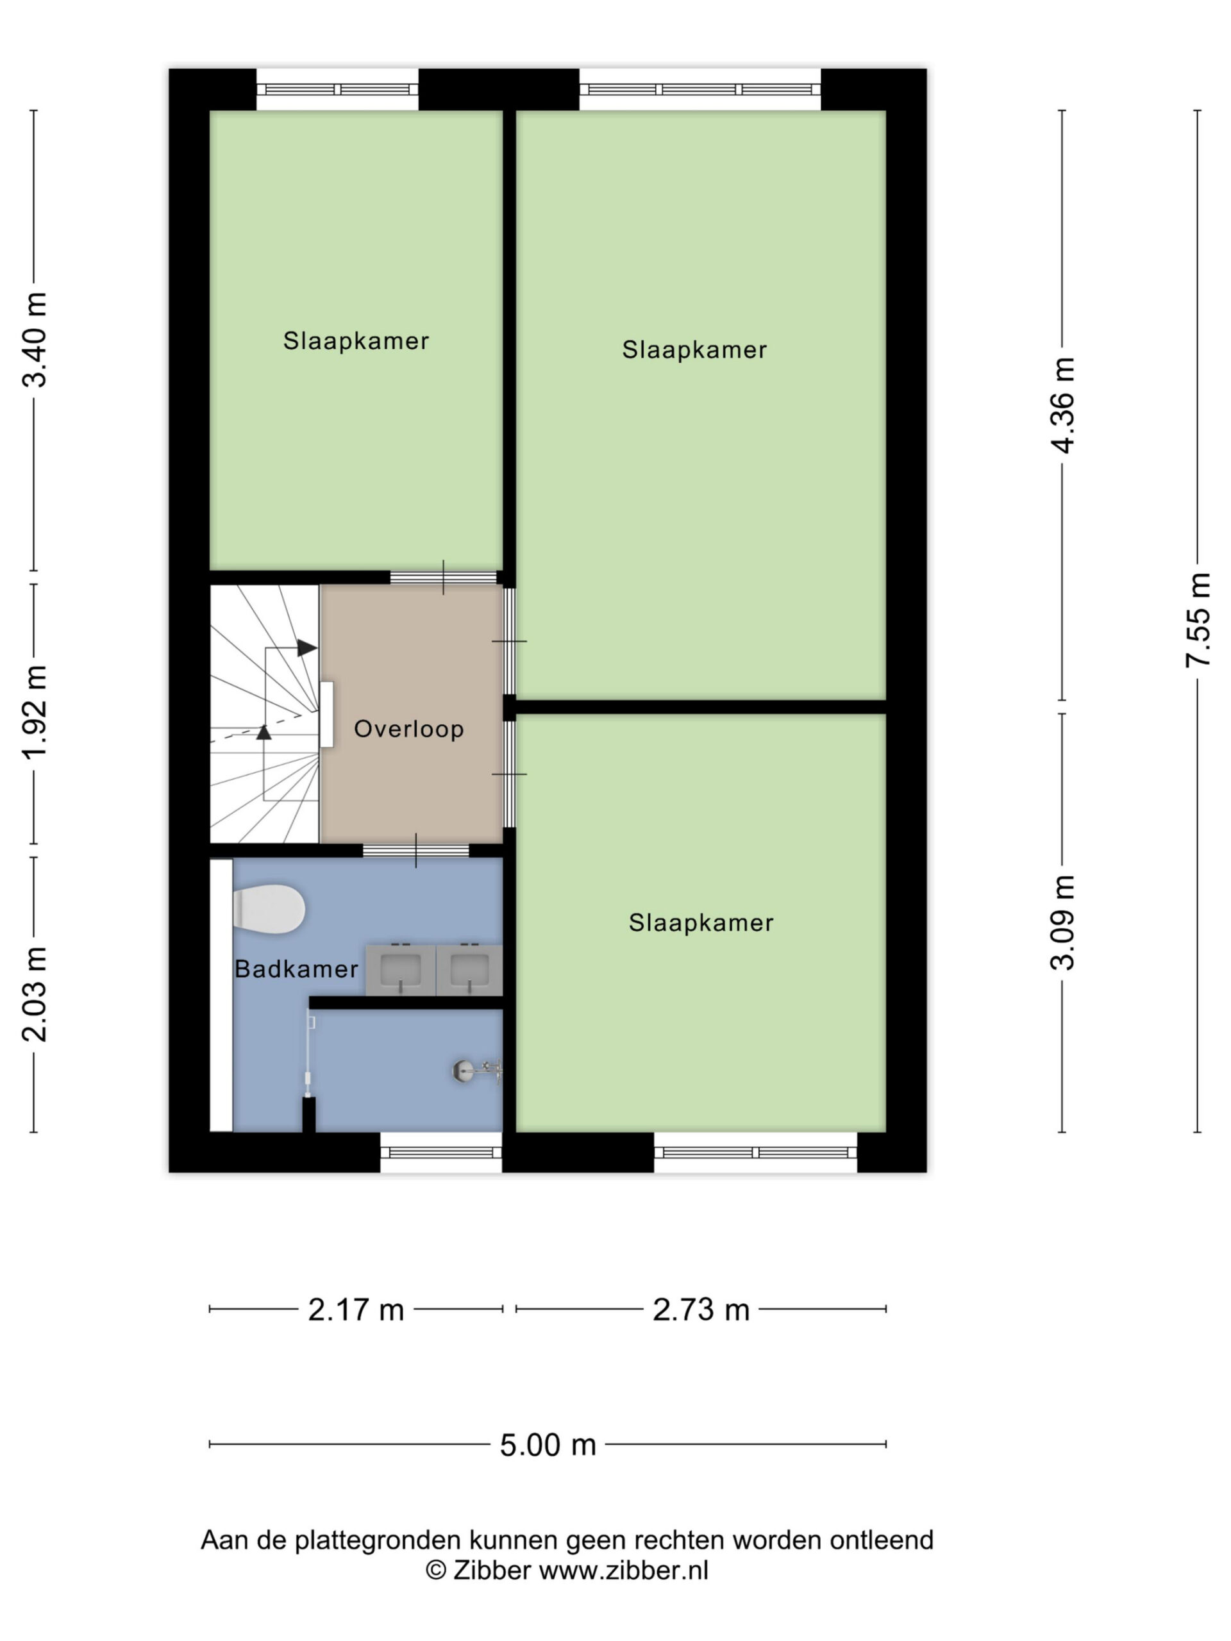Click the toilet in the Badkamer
coord(269,910)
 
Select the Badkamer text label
coord(296,969)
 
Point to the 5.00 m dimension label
coord(548,1445)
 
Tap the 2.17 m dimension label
coord(356,1310)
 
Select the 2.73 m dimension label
coord(701,1310)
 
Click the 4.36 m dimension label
coord(1063,405)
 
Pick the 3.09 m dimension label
coord(1063,923)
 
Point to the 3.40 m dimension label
coord(35,340)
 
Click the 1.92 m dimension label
coord(35,713)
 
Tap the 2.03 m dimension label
coord(35,994)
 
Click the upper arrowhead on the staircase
coord(307,647)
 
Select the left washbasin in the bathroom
coord(401,970)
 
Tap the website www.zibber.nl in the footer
coord(623,1565)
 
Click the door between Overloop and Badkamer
coord(415,850)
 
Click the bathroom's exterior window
coord(442,1152)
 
